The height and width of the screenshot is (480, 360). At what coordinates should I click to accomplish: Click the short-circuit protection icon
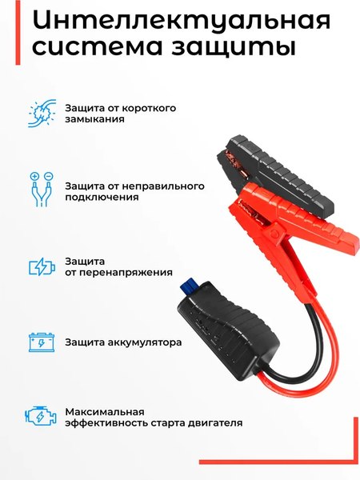(40, 113)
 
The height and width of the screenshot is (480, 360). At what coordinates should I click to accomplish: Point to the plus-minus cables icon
(40, 190)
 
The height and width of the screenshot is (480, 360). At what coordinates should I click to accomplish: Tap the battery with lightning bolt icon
(39, 266)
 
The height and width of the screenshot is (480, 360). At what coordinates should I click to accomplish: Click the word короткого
(148, 108)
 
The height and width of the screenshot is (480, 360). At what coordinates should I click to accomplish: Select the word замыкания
(94, 120)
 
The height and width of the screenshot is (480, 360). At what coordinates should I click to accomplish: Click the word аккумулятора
(148, 342)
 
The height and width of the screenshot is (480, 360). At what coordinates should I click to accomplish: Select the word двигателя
(216, 423)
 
